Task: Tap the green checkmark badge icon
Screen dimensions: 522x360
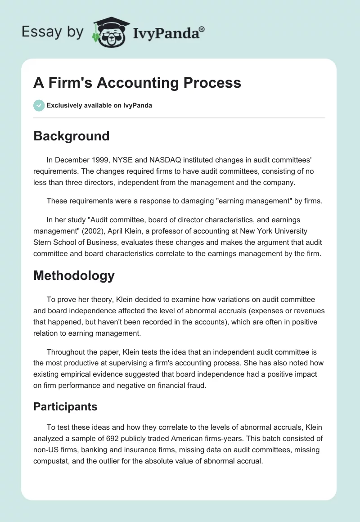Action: coord(39,105)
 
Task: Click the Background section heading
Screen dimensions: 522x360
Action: coord(72,136)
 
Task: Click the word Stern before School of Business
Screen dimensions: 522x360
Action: coord(44,243)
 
